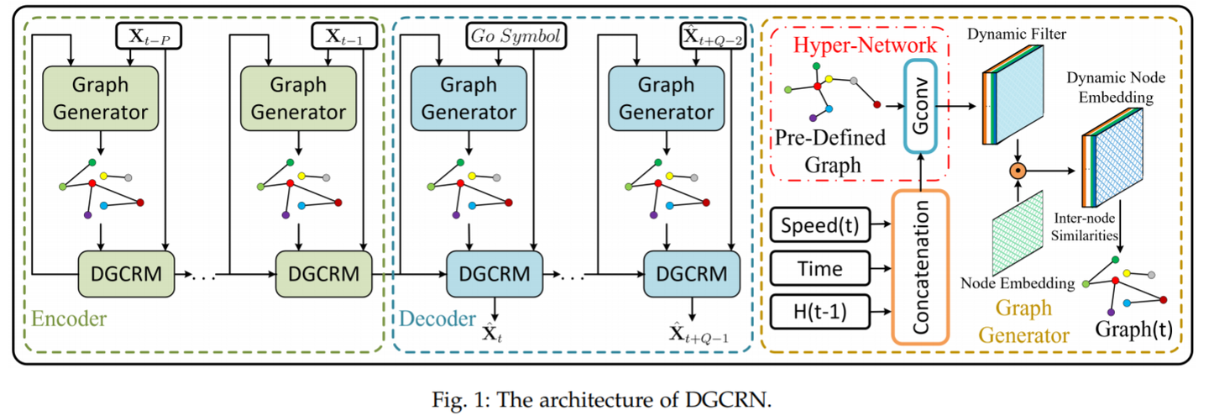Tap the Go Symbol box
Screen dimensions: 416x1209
(x=514, y=35)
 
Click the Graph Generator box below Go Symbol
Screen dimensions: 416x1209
(x=468, y=99)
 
